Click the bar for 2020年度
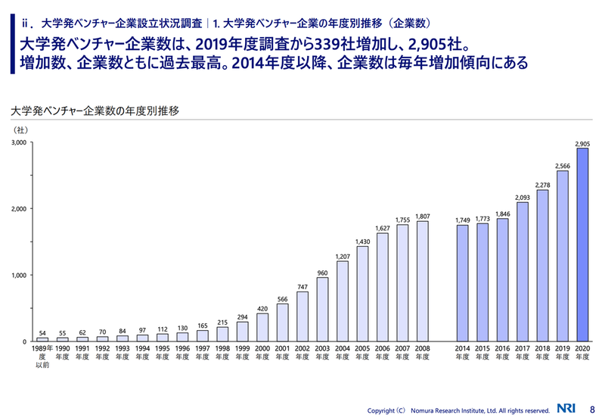click(x=582, y=245)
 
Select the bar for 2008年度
click(x=422, y=281)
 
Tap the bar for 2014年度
click(x=462, y=283)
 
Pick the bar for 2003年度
click(x=322, y=309)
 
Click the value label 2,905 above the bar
click(x=582, y=143)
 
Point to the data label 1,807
click(x=422, y=216)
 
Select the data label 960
click(x=322, y=273)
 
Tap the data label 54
click(x=42, y=333)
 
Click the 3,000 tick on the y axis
click(x=18, y=142)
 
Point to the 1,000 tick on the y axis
click(x=18, y=275)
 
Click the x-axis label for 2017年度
click(x=523, y=353)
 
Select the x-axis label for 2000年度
click(x=262, y=353)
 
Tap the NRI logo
click(x=564, y=409)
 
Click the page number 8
click(x=591, y=409)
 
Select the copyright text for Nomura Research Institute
click(x=458, y=410)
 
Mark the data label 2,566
click(x=562, y=165)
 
